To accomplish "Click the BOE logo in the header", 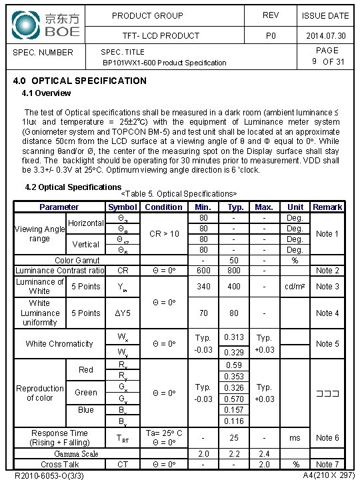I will pyautogui.click(x=45, y=24).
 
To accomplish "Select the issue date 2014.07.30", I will pyautogui.click(x=325, y=36).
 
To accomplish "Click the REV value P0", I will pyautogui.click(x=271, y=36).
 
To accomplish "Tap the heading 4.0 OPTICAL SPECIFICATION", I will pyautogui.click(x=80, y=81).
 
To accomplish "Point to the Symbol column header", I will pyautogui.click(x=123, y=207).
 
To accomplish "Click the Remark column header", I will pyautogui.click(x=327, y=207).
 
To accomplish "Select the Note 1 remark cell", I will pyautogui.click(x=327, y=234).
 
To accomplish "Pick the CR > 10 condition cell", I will pyautogui.click(x=164, y=234).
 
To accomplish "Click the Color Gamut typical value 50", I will pyautogui.click(x=234, y=261).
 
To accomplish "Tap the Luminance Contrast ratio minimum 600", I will pyautogui.click(x=203, y=271).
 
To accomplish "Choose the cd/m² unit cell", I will pyautogui.click(x=295, y=287).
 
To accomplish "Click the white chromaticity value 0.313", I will pyautogui.click(x=234, y=337).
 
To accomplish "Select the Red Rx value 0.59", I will pyautogui.click(x=234, y=365).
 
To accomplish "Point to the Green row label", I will pyautogui.click(x=86, y=393).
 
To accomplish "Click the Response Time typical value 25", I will pyautogui.click(x=234, y=438).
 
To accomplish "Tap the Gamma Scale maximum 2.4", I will pyautogui.click(x=265, y=454).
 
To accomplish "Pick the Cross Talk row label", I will pyautogui.click(x=61, y=465).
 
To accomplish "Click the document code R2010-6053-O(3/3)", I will pyautogui.click(x=49, y=475).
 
